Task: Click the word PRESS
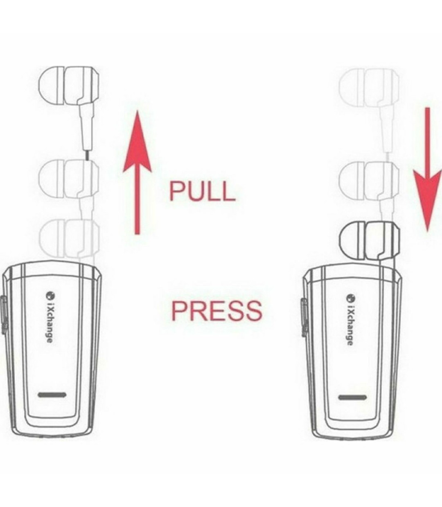pyautogui.click(x=216, y=310)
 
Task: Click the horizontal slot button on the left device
pyautogui.click(x=52, y=395)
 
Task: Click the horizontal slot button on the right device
pyautogui.click(x=352, y=397)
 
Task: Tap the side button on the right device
pyautogui.click(x=304, y=317)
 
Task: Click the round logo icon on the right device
pyautogui.click(x=350, y=297)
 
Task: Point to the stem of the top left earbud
pyautogui.click(x=86, y=127)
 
